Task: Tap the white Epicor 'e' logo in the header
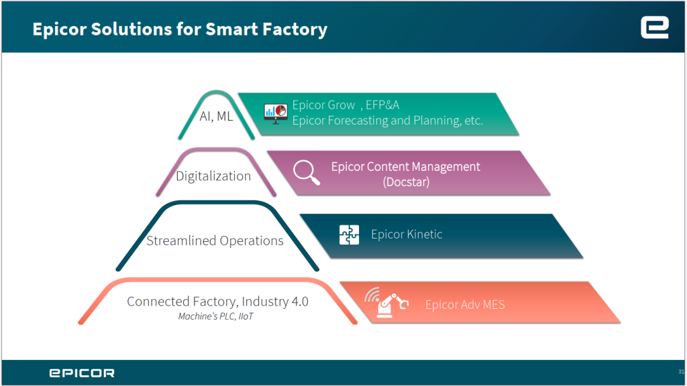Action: pyautogui.click(x=654, y=27)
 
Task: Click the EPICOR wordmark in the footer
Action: pyautogui.click(x=81, y=373)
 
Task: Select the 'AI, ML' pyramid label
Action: pyautogui.click(x=216, y=116)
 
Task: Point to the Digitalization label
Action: pyautogui.click(x=213, y=176)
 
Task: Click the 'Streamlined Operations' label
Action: pyautogui.click(x=215, y=241)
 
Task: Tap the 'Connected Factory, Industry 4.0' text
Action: pyautogui.click(x=217, y=302)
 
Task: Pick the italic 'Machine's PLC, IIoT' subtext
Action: pyautogui.click(x=216, y=316)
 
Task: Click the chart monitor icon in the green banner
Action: pyautogui.click(x=276, y=113)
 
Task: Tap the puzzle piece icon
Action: pyautogui.click(x=349, y=235)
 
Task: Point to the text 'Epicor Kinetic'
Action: pyautogui.click(x=407, y=235)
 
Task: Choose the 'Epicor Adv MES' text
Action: pyautogui.click(x=465, y=305)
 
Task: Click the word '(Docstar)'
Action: pyautogui.click(x=405, y=182)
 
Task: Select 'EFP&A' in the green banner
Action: pyautogui.click(x=382, y=105)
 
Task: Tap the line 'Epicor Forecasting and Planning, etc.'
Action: pyautogui.click(x=387, y=121)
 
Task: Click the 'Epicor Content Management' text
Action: pyautogui.click(x=405, y=167)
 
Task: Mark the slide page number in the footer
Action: pyautogui.click(x=681, y=371)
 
